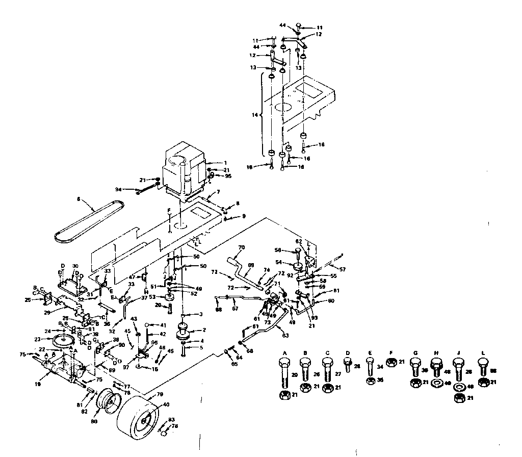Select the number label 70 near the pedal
click(242, 247)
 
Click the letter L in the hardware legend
click(483, 353)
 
